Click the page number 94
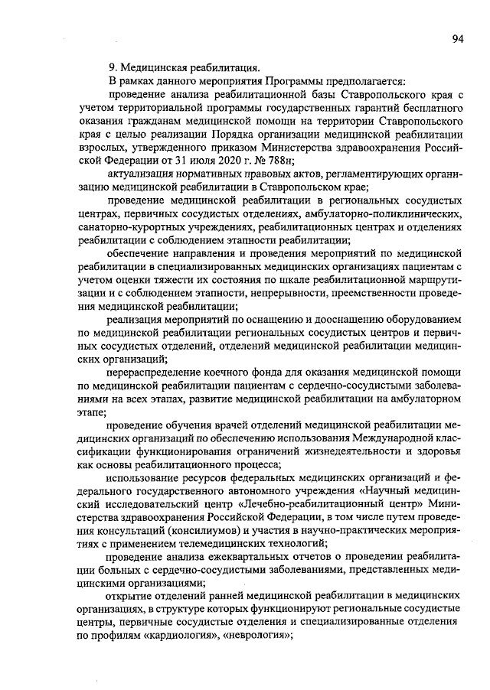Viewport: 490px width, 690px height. [x=457, y=40]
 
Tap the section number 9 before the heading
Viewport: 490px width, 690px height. [x=113, y=67]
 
